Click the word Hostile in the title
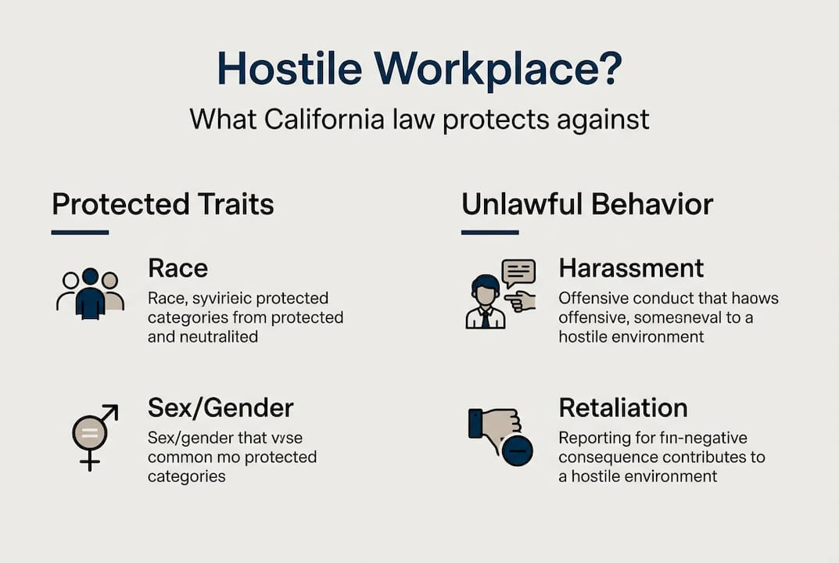(287, 69)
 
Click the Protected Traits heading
(163, 204)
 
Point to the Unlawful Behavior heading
(587, 204)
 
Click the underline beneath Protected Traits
(80, 232)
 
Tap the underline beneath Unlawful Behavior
(489, 232)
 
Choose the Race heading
(177, 268)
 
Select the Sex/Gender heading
(221, 407)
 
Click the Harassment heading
(631, 268)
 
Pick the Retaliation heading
(622, 407)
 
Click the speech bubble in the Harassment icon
(518, 273)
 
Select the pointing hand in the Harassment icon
(520, 301)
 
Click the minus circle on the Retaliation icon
(518, 450)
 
